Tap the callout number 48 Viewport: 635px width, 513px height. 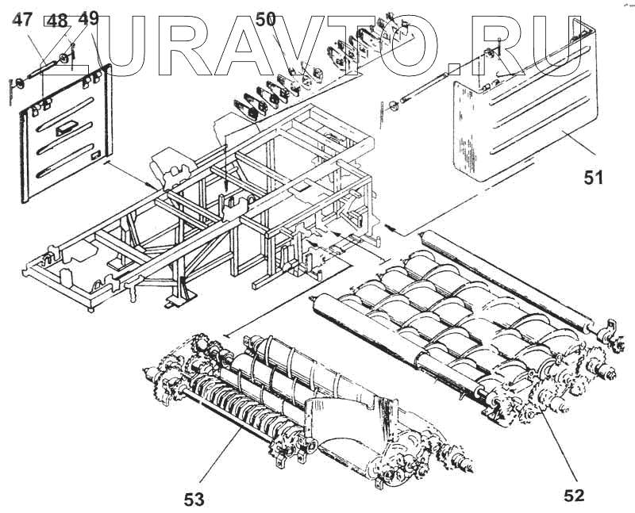58,21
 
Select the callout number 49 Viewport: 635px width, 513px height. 88,19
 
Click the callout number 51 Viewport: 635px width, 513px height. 594,178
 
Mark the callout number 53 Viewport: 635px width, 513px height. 194,499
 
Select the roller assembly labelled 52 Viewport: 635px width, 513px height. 460,325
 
